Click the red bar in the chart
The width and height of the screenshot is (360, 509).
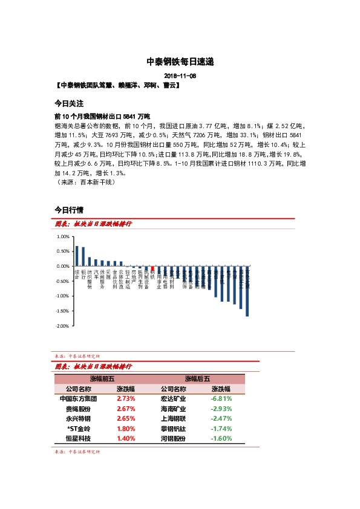point(152,269)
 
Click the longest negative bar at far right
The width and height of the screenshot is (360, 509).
point(247,291)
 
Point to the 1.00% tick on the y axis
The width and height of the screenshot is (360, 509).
point(63,236)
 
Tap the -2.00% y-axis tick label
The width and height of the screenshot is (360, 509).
point(62,326)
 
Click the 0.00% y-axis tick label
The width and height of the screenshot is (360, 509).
point(63,266)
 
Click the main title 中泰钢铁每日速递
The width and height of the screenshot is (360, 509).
point(180,62)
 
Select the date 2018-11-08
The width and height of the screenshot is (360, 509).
point(180,76)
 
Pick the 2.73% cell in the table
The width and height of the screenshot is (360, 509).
point(126,399)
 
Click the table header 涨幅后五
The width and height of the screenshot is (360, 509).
point(197,379)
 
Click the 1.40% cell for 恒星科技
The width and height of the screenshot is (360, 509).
point(126,438)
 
